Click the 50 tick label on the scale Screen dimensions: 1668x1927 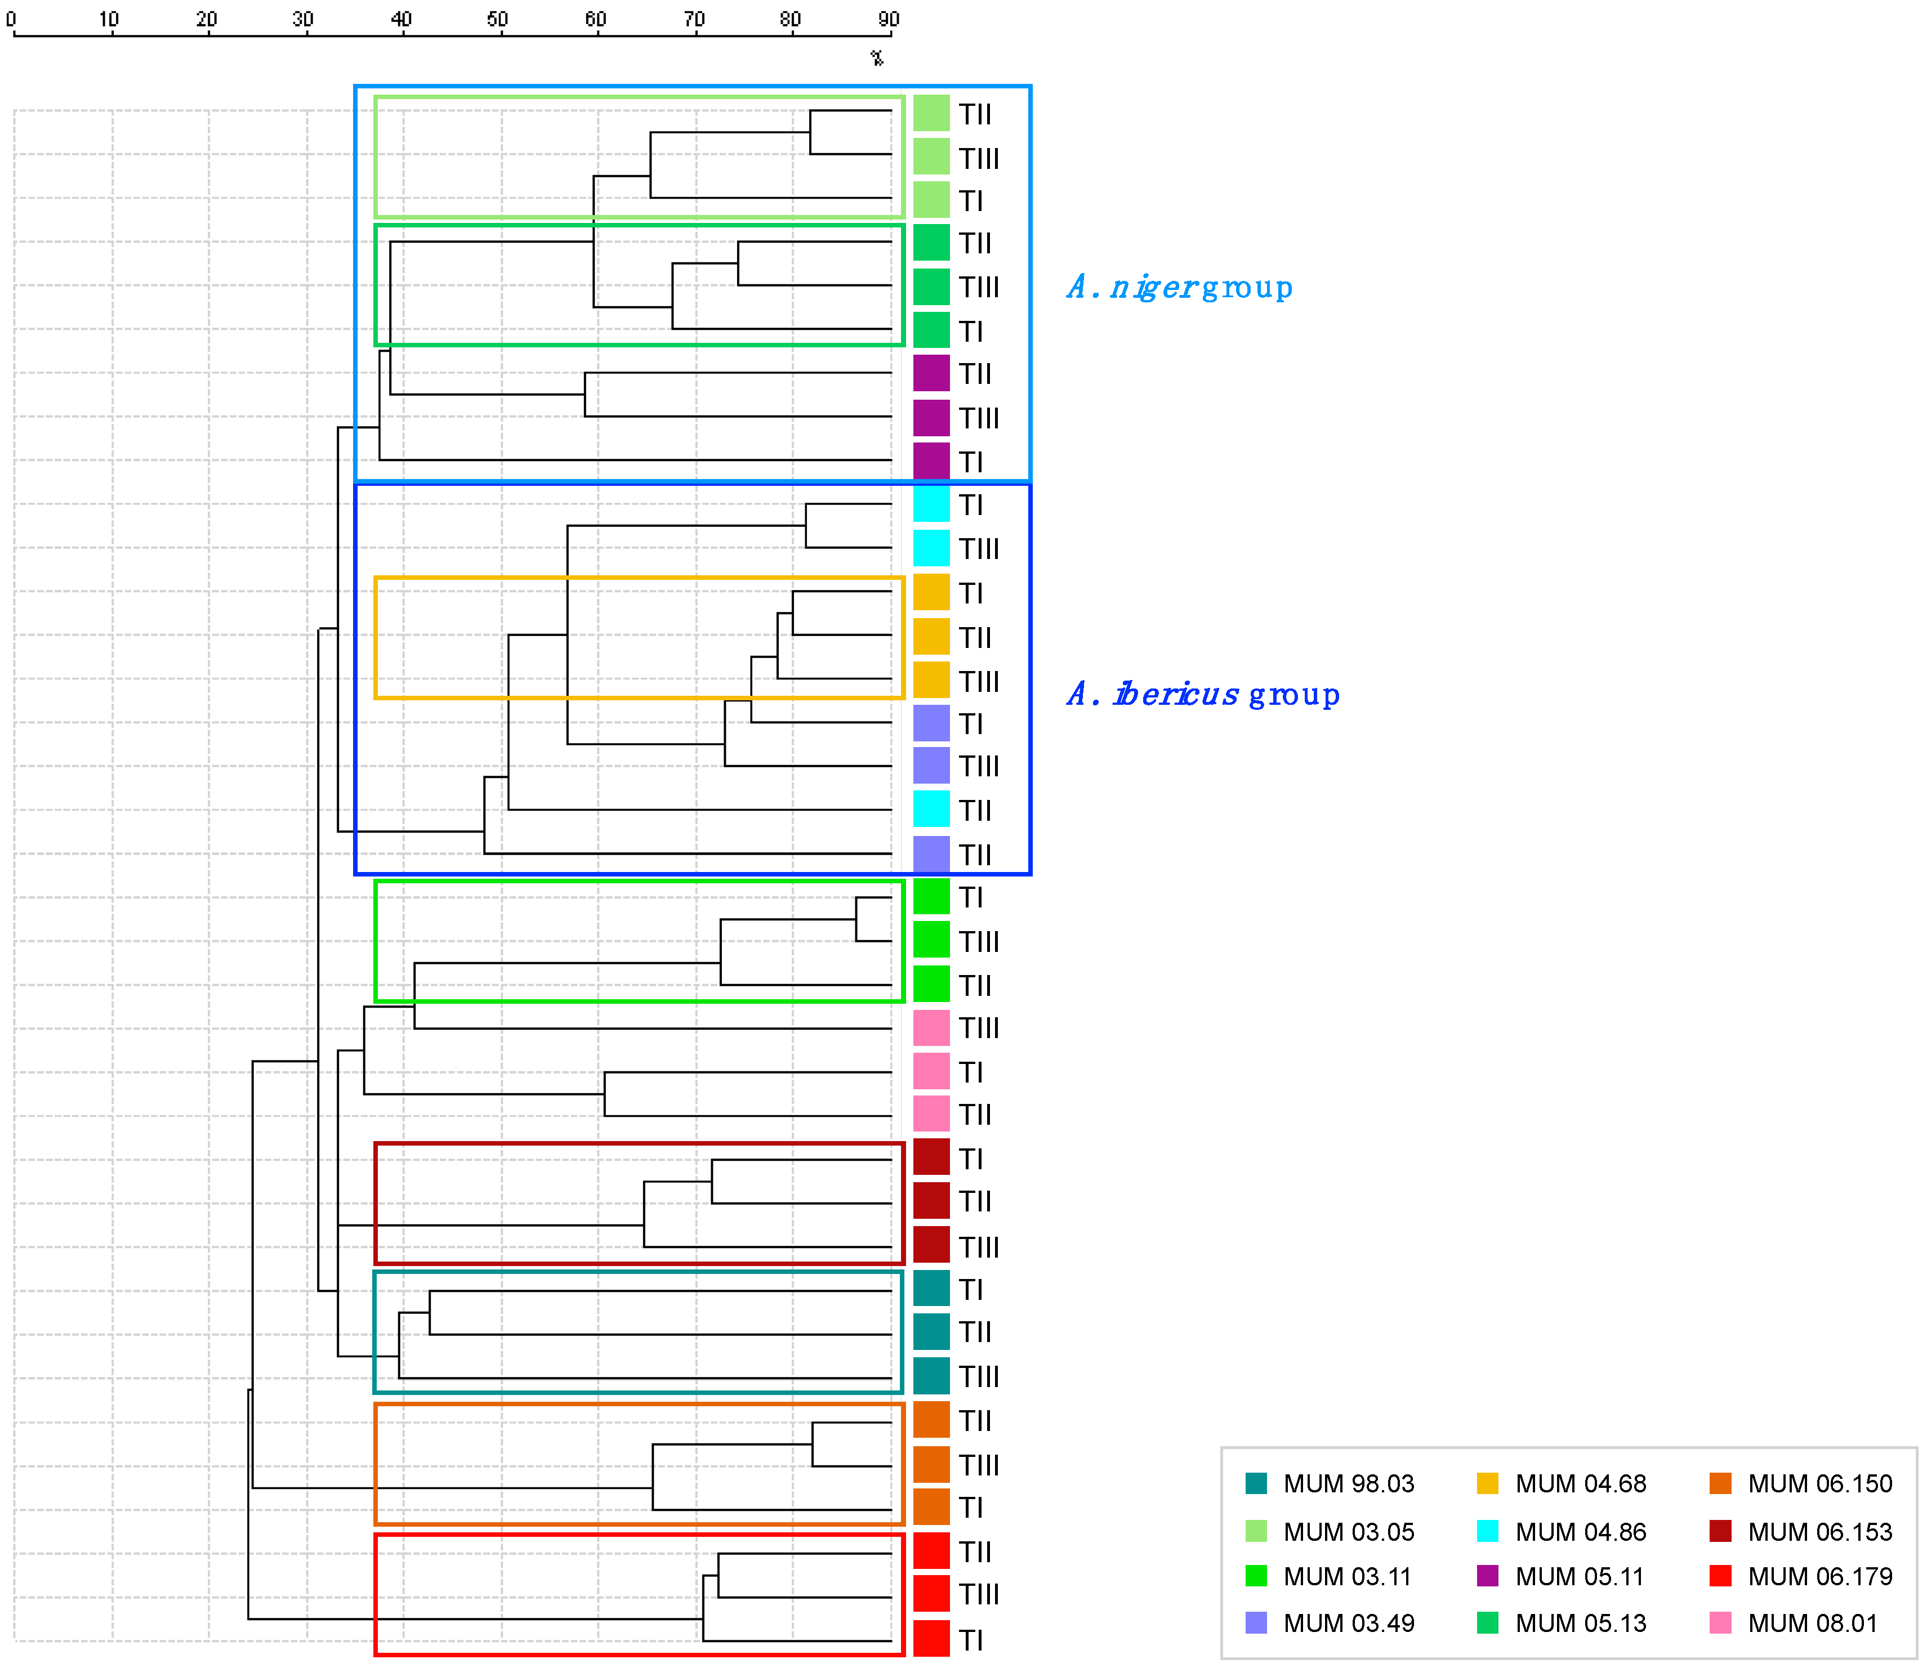tap(498, 19)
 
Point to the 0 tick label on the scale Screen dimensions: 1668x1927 tap(11, 19)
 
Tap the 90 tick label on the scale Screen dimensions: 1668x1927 tap(889, 19)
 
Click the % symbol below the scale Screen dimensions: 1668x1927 tap(877, 58)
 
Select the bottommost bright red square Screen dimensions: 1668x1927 tap(931, 1638)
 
